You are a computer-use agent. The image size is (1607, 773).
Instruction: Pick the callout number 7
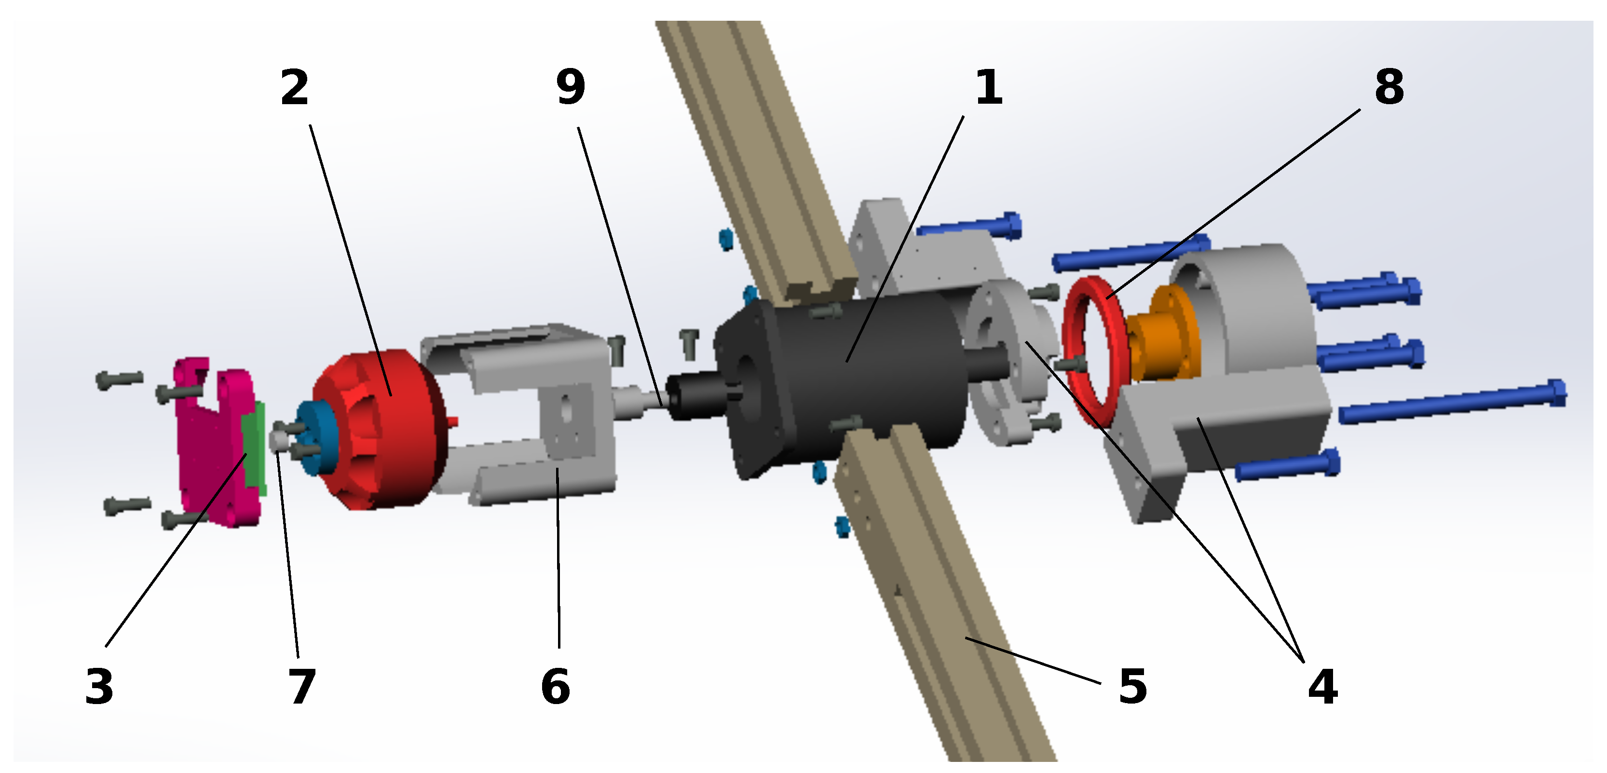302,686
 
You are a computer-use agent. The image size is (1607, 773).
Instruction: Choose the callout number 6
555,686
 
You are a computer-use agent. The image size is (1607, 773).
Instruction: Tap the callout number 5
1133,686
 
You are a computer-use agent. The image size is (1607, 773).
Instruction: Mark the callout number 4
1322,686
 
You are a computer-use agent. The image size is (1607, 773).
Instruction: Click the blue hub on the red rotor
315,437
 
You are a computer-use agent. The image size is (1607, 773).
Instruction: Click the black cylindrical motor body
873,374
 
